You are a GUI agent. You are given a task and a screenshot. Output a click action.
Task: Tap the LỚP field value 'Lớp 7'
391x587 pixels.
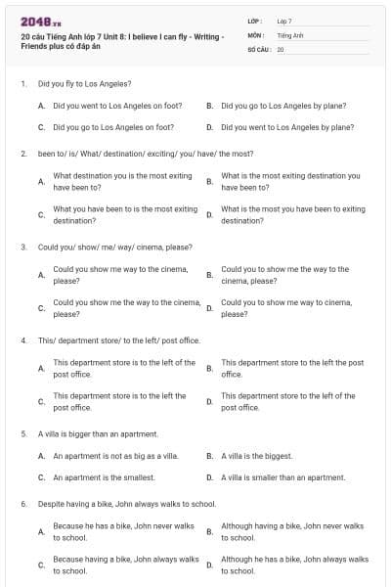coord(284,21)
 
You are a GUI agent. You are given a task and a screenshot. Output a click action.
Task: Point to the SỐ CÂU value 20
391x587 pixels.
coord(281,48)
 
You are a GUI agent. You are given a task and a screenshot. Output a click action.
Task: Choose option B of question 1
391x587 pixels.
coord(283,106)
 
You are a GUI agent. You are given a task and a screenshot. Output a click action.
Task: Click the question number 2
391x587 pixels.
coord(23,154)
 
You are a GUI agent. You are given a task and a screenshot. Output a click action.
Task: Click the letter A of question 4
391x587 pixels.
coord(41,369)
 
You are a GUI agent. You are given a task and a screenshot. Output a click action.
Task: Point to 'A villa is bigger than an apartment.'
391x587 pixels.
coord(98,433)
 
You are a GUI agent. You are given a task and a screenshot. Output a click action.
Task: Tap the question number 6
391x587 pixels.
coord(23,504)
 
